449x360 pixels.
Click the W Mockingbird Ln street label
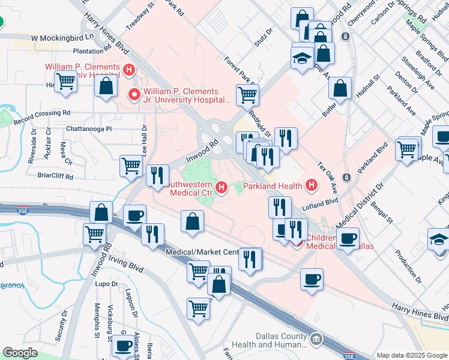coord(59,37)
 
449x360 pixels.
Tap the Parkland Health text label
coord(273,185)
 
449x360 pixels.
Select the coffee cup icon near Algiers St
coord(124,346)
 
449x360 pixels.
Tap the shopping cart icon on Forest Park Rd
coord(247,94)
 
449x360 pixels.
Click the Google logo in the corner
coord(20,353)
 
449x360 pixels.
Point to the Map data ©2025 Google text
coord(412,355)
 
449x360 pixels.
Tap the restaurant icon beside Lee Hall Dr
coord(157,175)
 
